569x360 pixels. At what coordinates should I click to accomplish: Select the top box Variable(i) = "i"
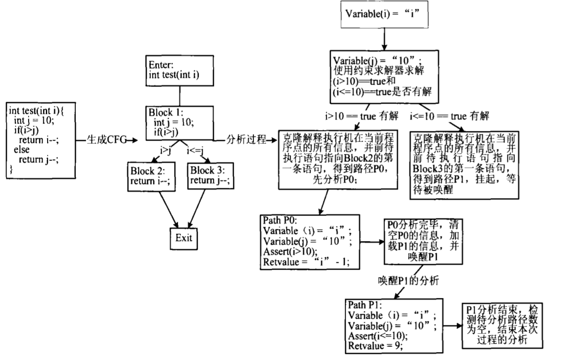[383, 13]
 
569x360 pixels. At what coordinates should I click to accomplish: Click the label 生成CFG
[106, 140]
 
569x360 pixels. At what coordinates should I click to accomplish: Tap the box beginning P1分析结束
[500, 325]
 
